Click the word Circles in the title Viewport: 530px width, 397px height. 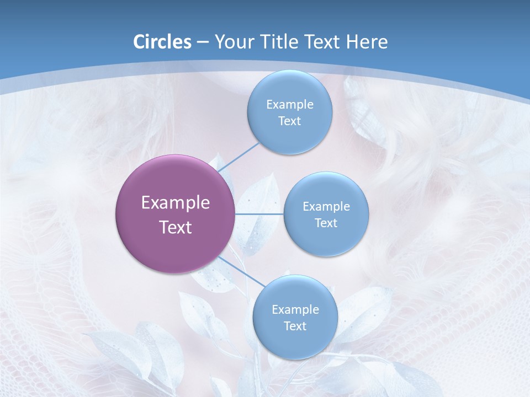(162, 42)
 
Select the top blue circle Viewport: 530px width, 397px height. (289, 112)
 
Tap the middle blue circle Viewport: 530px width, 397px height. (326, 214)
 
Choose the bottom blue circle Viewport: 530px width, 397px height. (295, 317)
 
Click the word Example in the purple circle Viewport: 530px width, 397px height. (176, 203)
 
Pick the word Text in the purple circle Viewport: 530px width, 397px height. (176, 227)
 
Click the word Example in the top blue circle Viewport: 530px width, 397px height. (289, 105)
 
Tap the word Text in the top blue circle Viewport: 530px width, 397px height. (289, 121)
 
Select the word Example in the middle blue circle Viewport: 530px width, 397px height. (326, 207)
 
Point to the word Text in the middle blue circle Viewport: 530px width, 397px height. (326, 223)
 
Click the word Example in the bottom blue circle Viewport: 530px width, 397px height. (295, 310)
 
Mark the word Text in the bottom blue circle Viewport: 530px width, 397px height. (295, 326)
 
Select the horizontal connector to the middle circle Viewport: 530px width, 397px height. (259, 214)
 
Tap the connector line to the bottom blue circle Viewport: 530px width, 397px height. (241, 272)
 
